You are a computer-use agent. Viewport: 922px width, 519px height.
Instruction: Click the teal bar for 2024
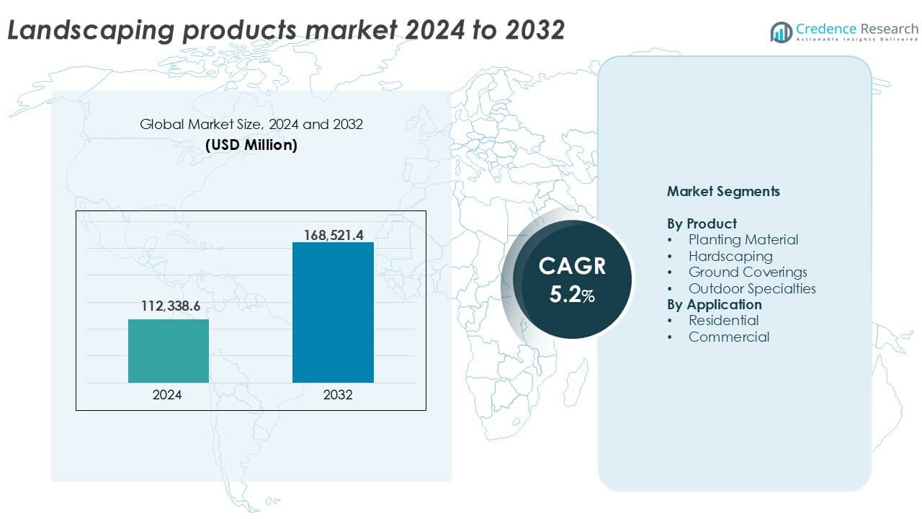point(169,351)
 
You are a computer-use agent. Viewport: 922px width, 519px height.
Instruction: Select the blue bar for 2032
point(333,312)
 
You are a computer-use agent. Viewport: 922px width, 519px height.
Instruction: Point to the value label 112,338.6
point(169,307)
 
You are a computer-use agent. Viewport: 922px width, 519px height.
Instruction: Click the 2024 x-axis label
point(167,395)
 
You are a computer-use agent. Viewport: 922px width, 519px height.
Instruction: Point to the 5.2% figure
point(572,295)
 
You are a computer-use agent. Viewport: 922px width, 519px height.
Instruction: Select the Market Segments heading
point(723,192)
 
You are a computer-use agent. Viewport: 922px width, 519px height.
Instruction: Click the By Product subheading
point(702,223)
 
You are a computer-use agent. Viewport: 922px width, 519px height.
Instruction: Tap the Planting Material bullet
point(743,239)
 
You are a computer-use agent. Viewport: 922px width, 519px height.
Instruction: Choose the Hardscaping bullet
point(730,256)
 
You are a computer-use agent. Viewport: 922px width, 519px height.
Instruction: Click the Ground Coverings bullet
point(747,272)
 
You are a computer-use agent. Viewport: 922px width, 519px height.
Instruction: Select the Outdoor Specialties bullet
point(751,288)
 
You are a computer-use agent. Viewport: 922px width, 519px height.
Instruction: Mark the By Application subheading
point(714,304)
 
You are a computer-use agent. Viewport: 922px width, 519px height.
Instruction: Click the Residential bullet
point(723,320)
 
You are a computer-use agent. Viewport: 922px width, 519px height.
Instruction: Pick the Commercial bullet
point(728,337)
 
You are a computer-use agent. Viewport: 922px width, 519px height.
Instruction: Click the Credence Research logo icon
point(782,32)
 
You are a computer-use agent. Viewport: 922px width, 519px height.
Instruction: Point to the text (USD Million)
point(251,145)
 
